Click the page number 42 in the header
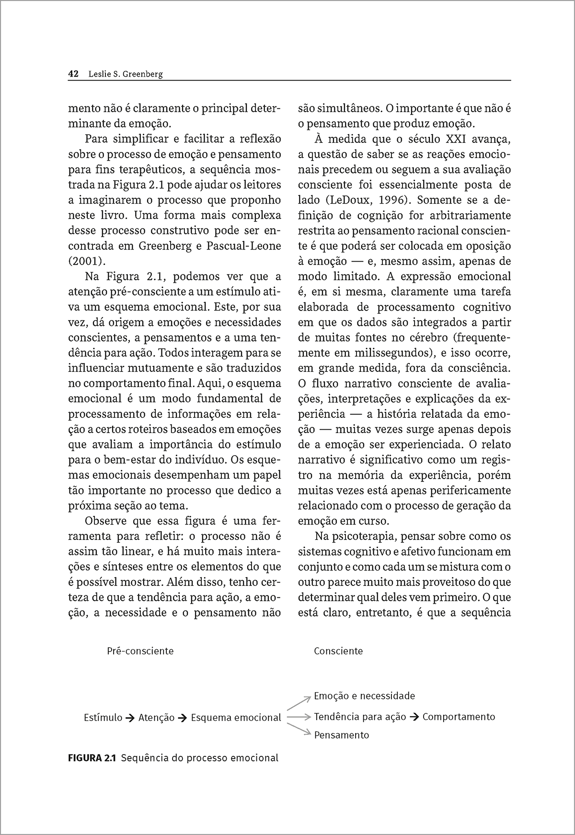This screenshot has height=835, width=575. (x=73, y=74)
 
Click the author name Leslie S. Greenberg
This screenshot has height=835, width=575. (x=126, y=74)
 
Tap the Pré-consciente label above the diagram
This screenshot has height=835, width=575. (x=140, y=651)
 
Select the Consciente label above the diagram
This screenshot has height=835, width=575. (x=338, y=651)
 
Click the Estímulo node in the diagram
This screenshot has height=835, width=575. (x=103, y=718)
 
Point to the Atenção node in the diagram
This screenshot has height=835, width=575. (x=156, y=718)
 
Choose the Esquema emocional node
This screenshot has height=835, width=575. (x=236, y=718)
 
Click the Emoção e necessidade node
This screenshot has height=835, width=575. (x=365, y=696)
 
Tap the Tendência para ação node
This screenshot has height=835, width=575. (x=360, y=717)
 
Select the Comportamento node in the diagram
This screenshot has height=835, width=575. (x=459, y=717)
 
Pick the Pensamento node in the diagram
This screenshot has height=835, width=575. (x=342, y=735)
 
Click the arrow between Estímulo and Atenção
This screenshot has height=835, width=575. (x=130, y=718)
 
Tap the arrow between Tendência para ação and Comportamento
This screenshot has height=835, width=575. (x=414, y=717)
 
